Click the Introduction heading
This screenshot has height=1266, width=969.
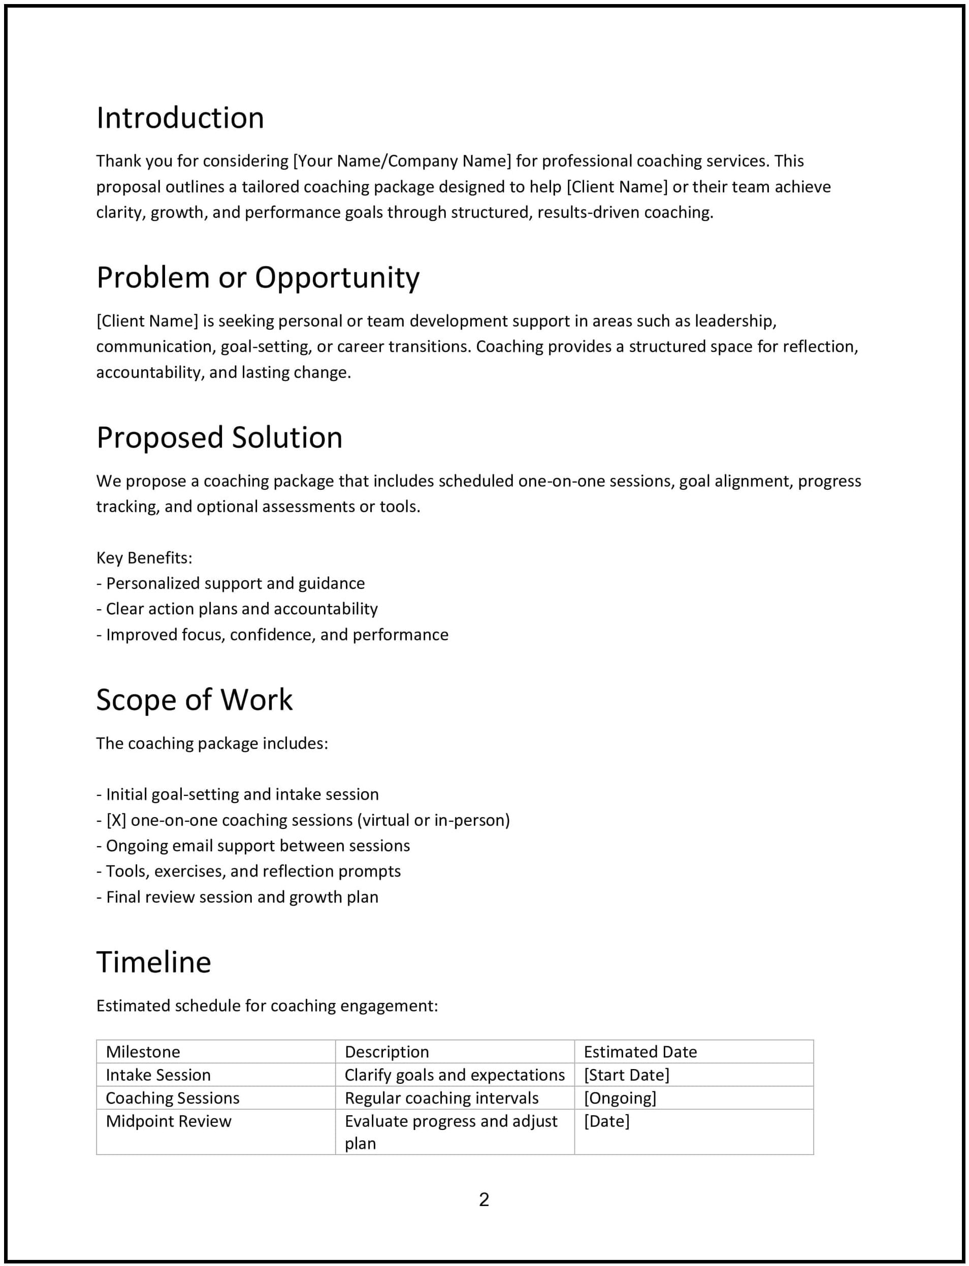coord(180,118)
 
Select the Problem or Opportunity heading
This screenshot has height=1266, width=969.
coord(257,278)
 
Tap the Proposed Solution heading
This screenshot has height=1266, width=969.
coord(219,438)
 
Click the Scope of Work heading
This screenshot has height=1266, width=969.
coord(194,700)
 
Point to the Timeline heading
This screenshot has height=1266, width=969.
coord(153,962)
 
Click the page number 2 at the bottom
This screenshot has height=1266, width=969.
coord(484,1199)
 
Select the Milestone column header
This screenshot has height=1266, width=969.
coord(143,1052)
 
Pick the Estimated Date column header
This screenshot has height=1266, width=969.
coord(640,1052)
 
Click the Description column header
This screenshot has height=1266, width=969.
coord(386,1052)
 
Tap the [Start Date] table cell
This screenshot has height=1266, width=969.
coord(626,1075)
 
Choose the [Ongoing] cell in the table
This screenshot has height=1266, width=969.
coord(620,1098)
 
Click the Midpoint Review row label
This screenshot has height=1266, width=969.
coord(169,1121)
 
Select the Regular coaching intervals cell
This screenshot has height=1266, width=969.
coord(441,1098)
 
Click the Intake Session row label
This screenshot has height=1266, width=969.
coord(158,1075)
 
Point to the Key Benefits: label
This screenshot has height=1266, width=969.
coord(144,558)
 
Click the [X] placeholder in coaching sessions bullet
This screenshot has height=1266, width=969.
coord(116,820)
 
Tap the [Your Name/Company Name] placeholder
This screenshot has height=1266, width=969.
coord(402,161)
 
